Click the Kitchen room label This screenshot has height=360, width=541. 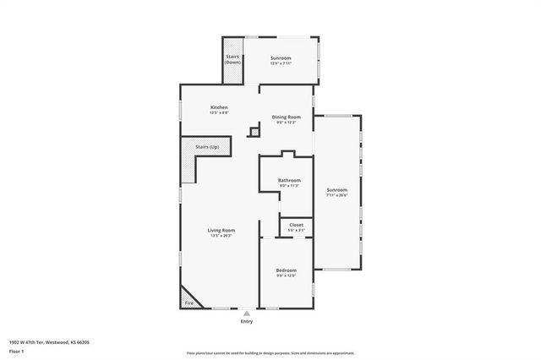[219, 107]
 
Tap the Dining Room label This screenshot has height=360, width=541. [287, 117]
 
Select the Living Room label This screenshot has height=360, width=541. [221, 230]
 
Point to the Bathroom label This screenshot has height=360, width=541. [289, 180]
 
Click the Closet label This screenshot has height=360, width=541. [296, 225]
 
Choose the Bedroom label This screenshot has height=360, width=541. [286, 270]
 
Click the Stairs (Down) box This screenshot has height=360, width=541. [233, 60]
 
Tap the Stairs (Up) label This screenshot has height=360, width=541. [208, 147]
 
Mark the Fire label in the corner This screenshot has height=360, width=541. [189, 303]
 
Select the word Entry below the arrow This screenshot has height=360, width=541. [247, 321]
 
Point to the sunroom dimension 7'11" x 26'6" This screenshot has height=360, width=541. [337, 195]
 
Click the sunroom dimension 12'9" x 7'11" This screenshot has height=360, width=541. [281, 63]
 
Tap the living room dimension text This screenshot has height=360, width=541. [221, 236]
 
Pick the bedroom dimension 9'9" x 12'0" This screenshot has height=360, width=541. [286, 276]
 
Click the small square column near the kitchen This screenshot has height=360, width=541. [254, 131]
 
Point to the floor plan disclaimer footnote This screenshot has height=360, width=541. [270, 353]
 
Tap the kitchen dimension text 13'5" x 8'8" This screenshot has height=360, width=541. [219, 112]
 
